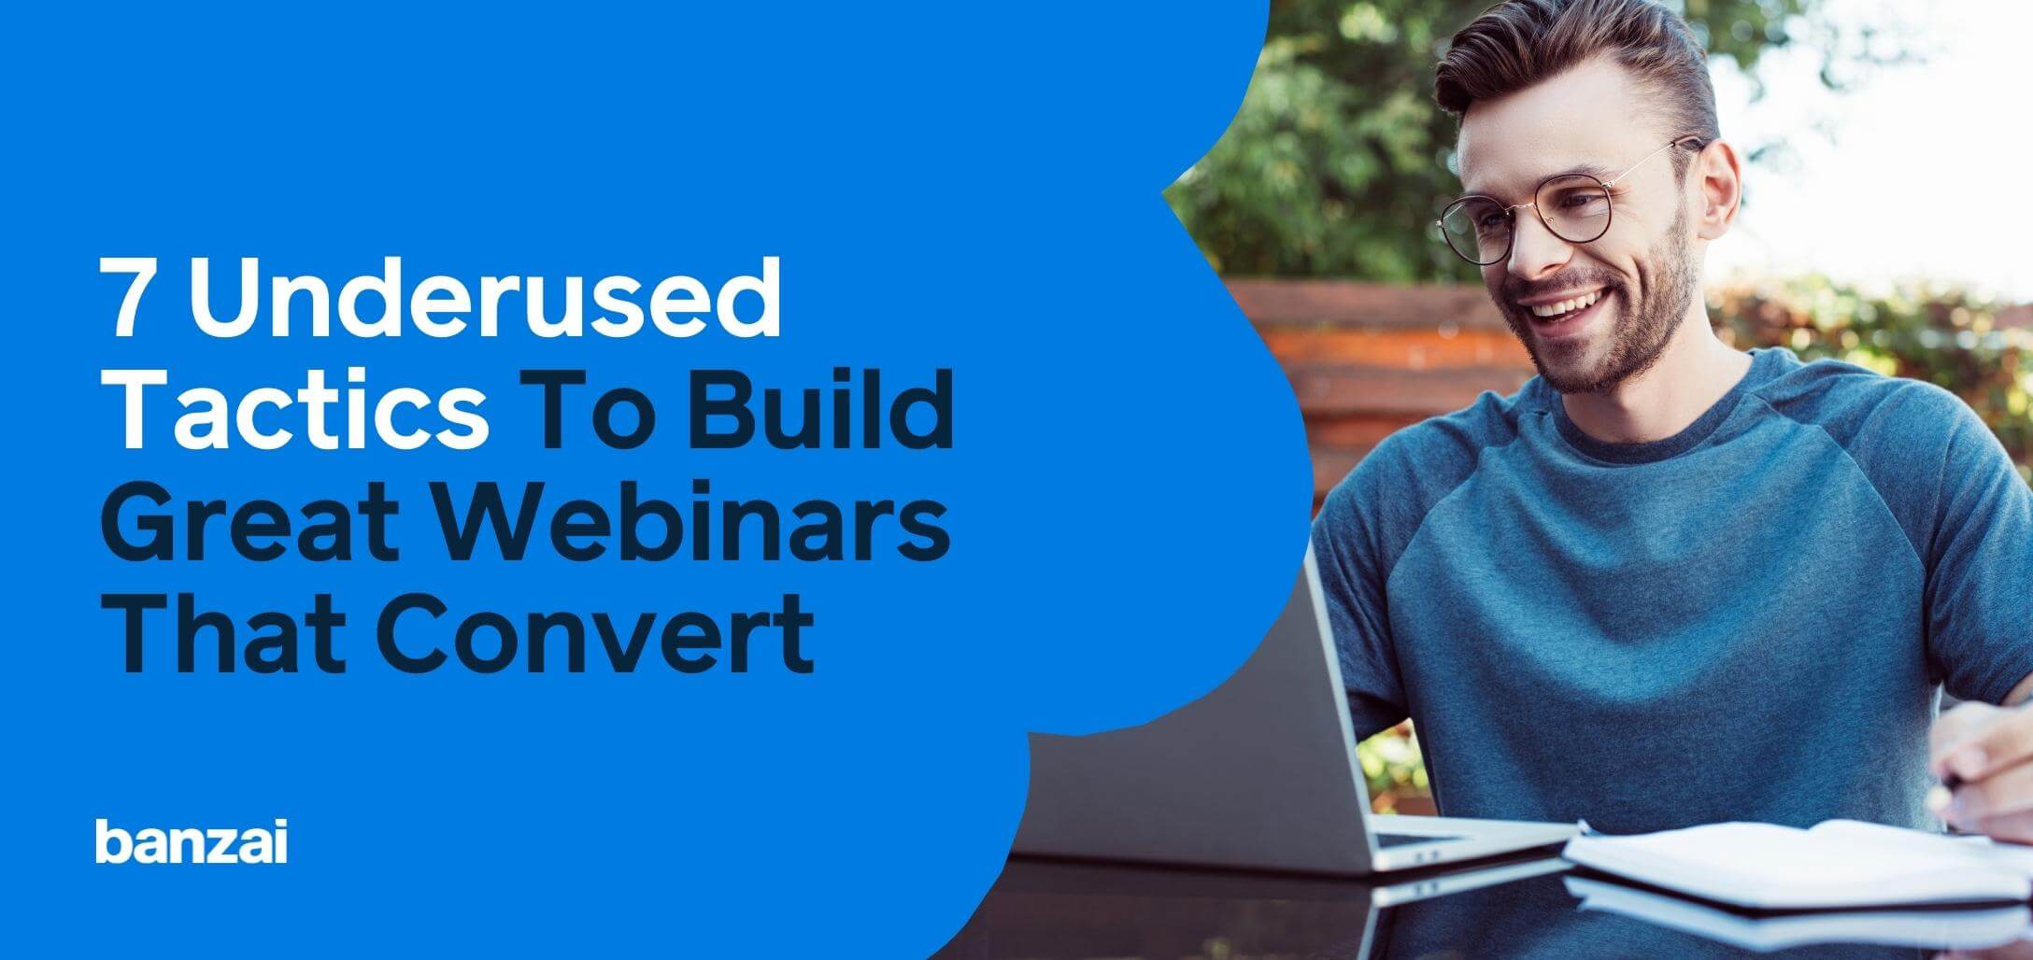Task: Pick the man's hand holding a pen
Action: [1981, 766]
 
